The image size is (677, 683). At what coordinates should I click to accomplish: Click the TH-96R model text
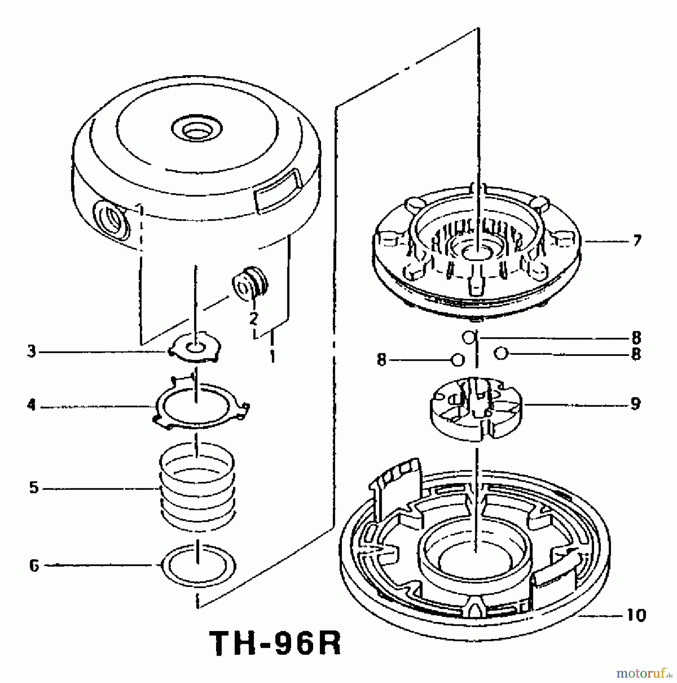(x=276, y=644)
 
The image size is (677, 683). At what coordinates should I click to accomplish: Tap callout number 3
(x=31, y=352)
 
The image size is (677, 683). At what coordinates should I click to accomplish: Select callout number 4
(x=31, y=406)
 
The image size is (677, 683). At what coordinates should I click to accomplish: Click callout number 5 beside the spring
(x=34, y=488)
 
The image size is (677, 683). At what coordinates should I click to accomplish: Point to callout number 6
(x=34, y=566)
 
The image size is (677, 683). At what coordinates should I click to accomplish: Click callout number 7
(x=637, y=240)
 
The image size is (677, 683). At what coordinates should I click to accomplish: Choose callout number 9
(x=636, y=404)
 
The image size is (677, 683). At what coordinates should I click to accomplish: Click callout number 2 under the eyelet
(x=254, y=318)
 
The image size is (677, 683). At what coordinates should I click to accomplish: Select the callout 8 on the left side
(x=381, y=360)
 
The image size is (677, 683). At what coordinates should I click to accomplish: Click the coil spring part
(x=197, y=489)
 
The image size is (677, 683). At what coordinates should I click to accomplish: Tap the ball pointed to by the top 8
(x=469, y=337)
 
